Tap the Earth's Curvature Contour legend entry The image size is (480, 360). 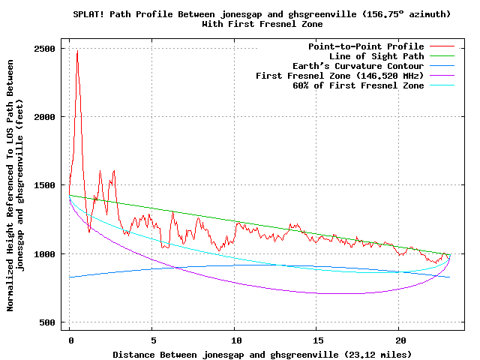tap(358, 66)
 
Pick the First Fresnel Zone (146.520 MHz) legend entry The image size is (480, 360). tap(340, 76)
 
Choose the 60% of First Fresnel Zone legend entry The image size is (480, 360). tap(358, 85)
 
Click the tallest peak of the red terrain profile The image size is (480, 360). tap(77, 52)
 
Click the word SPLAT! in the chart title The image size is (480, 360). tap(88, 14)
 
